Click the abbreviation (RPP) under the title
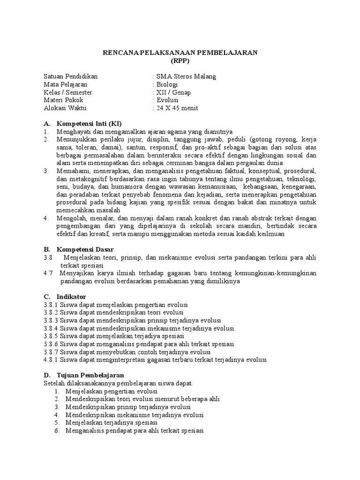point(180,61)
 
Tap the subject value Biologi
point(167,85)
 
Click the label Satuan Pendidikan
point(71,77)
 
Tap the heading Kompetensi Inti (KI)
point(89,124)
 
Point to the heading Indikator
point(71,297)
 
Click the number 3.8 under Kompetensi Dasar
point(48,257)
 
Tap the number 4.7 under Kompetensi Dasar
point(48,273)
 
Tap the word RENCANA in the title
point(119,53)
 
